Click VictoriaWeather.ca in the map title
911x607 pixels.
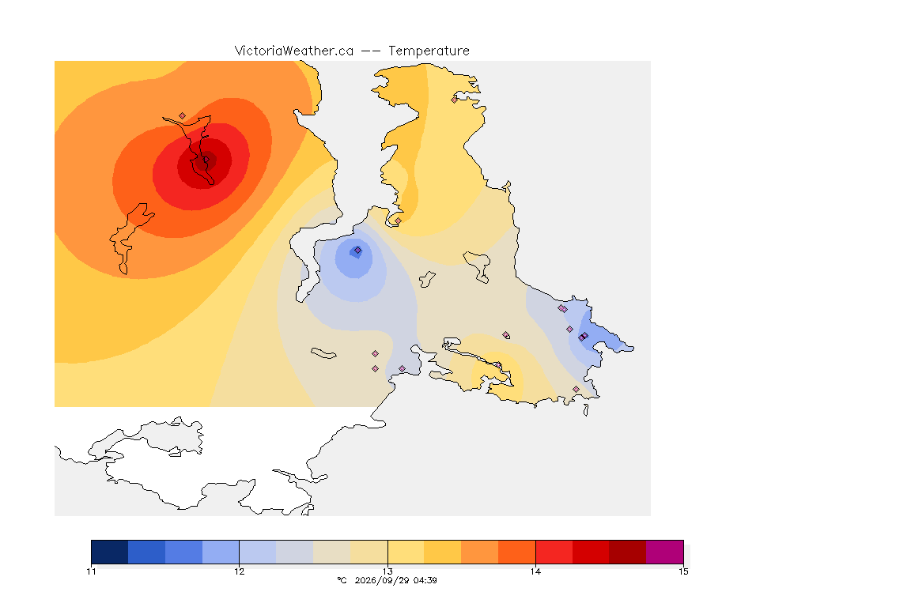[x=294, y=51]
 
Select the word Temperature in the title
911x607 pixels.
[x=429, y=51]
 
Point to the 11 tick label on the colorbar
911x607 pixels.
[x=91, y=571]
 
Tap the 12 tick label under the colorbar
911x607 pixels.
[x=240, y=571]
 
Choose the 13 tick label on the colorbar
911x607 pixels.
[x=387, y=571]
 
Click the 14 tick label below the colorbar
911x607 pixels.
[x=535, y=571]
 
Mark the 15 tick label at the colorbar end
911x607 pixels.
[x=683, y=571]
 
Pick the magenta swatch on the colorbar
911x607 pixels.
[x=664, y=552]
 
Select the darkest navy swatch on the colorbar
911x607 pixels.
[x=110, y=552]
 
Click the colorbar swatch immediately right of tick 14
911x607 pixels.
[x=554, y=552]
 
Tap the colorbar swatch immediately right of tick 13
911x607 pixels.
[x=406, y=552]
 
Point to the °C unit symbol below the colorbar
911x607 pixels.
[x=342, y=580]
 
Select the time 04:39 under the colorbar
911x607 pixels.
[x=425, y=580]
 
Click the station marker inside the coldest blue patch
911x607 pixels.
[x=358, y=251]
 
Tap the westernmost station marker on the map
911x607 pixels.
[x=183, y=116]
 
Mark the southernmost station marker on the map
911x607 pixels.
[x=576, y=389]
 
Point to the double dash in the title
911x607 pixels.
[x=371, y=51]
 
